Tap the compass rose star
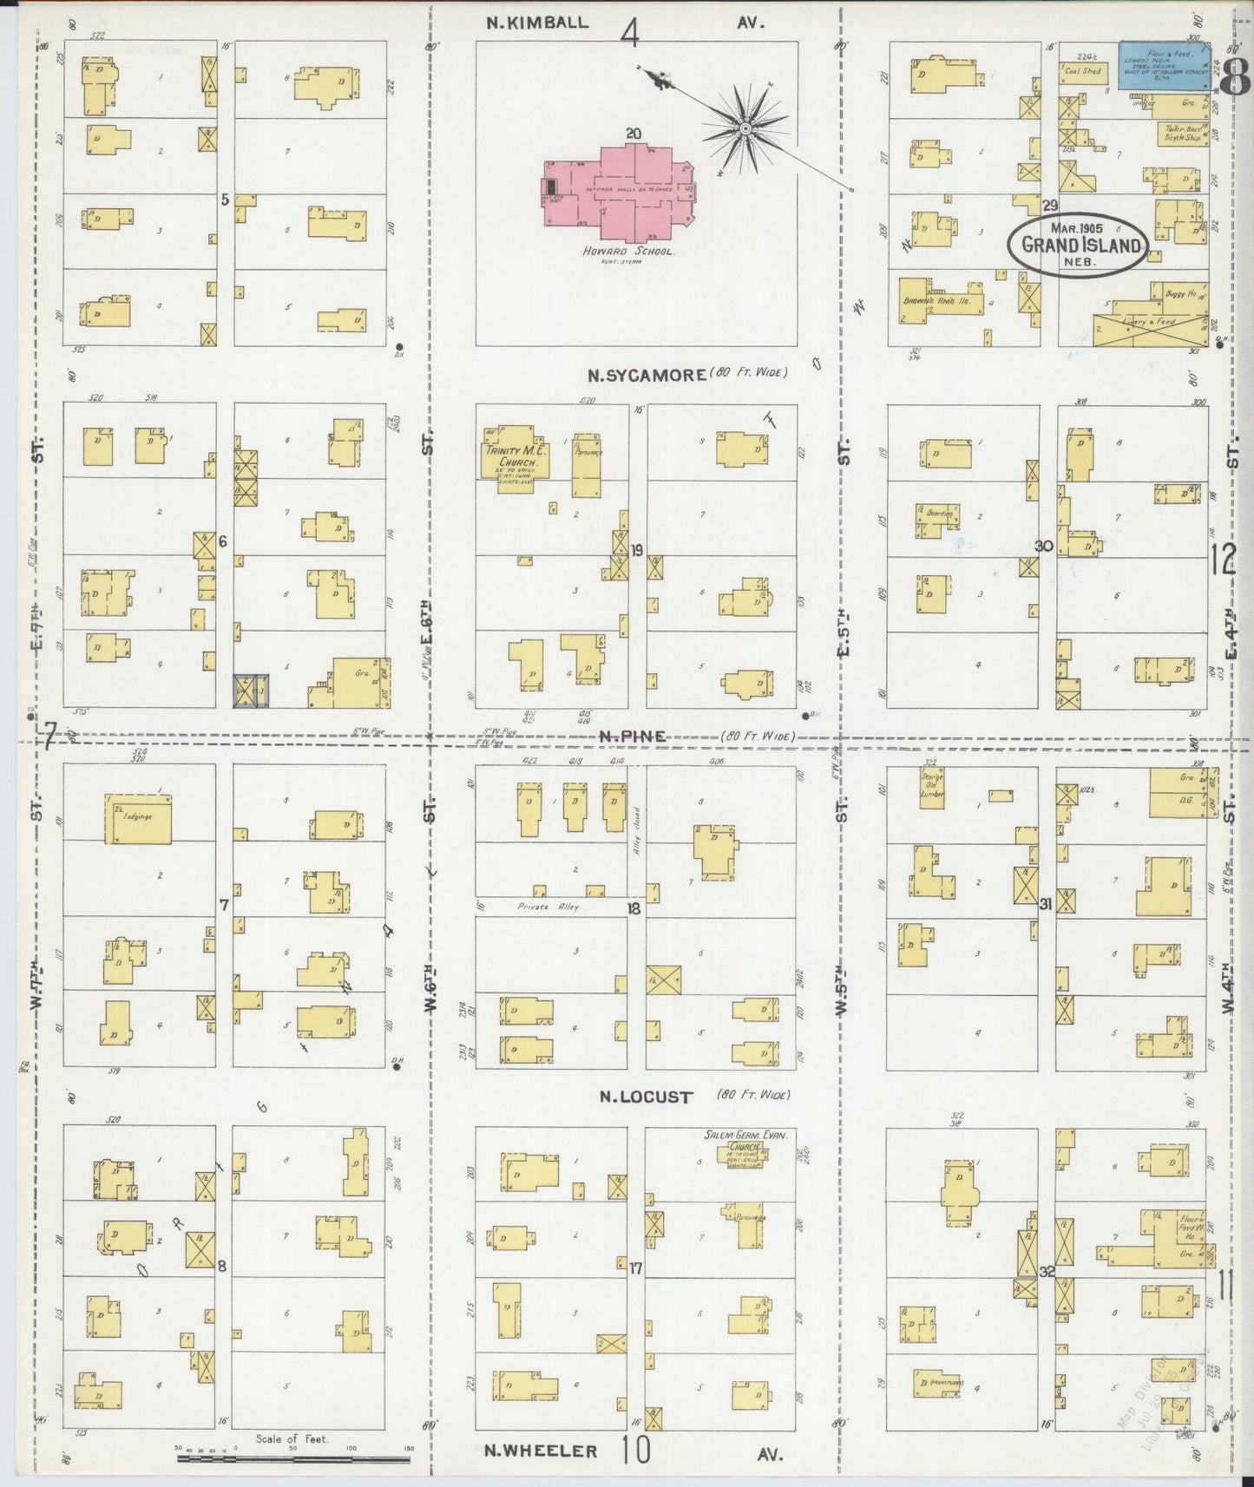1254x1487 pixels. click(x=744, y=128)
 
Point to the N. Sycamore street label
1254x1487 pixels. click(x=646, y=376)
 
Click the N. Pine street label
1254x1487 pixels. click(x=632, y=737)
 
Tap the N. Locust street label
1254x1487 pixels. click(x=647, y=1097)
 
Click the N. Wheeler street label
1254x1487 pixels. click(x=541, y=1451)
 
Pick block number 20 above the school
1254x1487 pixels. click(x=633, y=134)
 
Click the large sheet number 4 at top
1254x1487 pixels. click(x=630, y=34)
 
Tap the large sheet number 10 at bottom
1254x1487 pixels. click(x=636, y=1450)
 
